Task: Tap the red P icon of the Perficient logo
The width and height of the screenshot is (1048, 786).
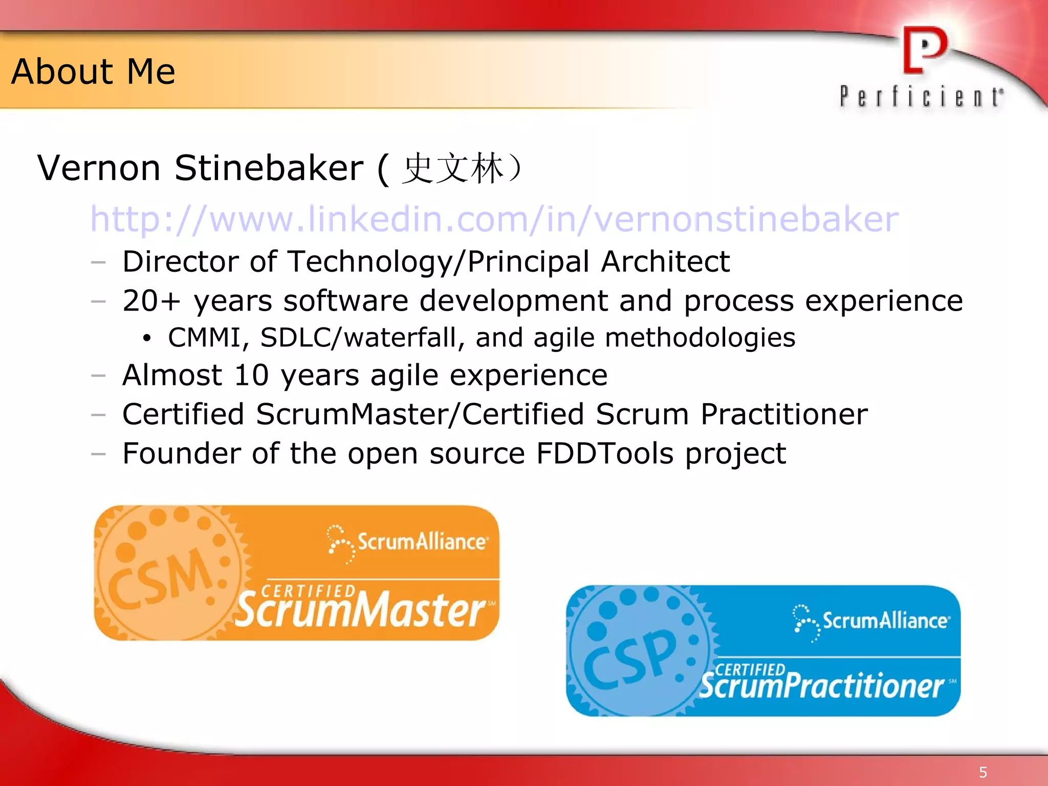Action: point(924,50)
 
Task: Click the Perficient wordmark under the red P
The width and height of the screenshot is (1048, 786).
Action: point(921,97)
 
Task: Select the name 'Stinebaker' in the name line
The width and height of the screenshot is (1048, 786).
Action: point(269,168)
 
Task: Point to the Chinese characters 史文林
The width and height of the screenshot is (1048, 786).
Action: point(452,168)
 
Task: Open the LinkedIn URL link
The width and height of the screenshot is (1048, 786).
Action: point(494,219)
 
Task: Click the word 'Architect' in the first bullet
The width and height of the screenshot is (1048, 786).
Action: point(665,262)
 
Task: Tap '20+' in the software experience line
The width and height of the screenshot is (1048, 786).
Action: point(151,300)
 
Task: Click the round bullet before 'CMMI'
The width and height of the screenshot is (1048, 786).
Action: point(147,339)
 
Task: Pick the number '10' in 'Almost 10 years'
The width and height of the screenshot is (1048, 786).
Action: point(251,375)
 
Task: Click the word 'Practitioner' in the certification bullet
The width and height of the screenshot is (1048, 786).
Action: point(784,414)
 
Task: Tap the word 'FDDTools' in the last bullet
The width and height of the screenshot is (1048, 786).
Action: point(605,453)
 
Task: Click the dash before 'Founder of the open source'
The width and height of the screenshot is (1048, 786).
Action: point(98,454)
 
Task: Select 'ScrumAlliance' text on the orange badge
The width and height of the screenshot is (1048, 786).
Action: point(422,541)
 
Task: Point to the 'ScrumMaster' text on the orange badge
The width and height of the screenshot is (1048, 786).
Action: point(360,610)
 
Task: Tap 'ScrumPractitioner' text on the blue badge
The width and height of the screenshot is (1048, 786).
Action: point(822,686)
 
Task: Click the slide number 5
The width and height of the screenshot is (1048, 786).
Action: point(983,772)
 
